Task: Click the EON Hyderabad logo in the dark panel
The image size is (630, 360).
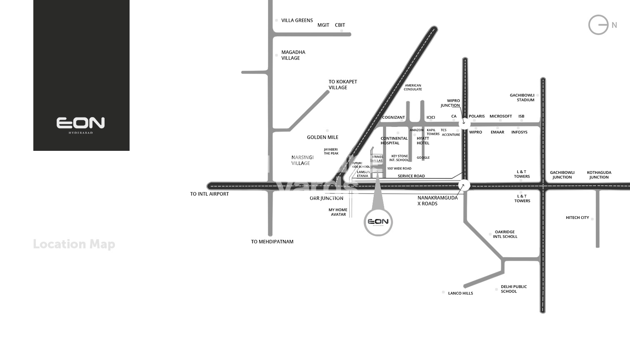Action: click(x=80, y=124)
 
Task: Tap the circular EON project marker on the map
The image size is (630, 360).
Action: click(x=378, y=222)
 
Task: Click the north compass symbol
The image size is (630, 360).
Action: click(x=599, y=25)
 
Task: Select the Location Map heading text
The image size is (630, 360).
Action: click(x=74, y=244)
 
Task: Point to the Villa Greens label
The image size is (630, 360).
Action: click(x=297, y=20)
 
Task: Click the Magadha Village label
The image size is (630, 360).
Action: click(x=293, y=55)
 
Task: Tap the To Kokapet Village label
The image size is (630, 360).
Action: click(x=342, y=85)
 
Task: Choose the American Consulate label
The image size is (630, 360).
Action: click(x=412, y=87)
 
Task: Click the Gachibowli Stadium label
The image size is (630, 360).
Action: click(x=522, y=97)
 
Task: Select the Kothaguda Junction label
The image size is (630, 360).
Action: click(x=599, y=175)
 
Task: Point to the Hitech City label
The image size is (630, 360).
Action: click(x=577, y=217)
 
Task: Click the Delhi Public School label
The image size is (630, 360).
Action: click(x=513, y=289)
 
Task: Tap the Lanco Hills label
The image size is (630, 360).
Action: click(x=460, y=293)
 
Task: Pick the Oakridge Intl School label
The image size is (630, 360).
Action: click(x=505, y=234)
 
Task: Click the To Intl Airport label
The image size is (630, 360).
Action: click(x=209, y=194)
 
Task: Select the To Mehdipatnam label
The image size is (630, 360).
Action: click(x=272, y=242)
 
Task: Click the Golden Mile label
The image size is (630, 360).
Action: click(x=322, y=137)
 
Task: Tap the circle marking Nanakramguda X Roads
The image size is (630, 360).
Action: click(x=464, y=185)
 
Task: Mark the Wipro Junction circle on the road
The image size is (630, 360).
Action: click(x=464, y=123)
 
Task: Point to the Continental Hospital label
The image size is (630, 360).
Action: click(x=394, y=140)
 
